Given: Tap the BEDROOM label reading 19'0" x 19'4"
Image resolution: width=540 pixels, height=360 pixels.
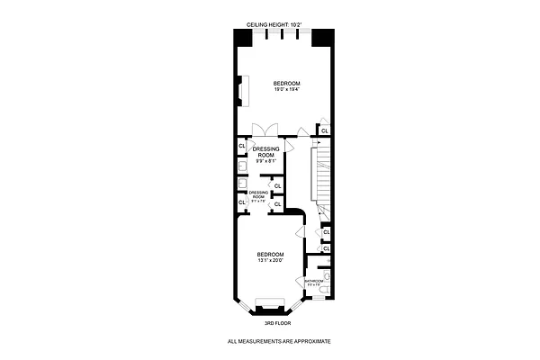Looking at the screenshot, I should (286, 85).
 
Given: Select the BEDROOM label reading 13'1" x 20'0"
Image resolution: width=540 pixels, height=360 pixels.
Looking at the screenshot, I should (269, 257).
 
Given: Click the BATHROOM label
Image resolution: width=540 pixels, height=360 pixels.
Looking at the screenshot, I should (313, 283).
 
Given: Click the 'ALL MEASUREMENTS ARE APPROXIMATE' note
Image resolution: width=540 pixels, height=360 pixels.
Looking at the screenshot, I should (279, 341).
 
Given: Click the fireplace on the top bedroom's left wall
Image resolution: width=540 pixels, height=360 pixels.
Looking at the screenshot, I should (241, 92).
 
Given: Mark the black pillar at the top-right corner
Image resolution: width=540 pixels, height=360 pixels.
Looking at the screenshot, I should (321, 39).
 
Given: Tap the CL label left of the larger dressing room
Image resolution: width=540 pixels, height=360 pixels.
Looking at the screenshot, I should (242, 147).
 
